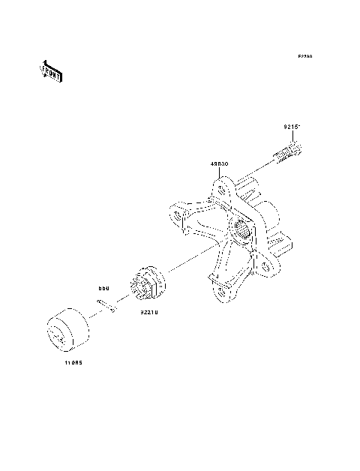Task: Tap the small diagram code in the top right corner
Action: pyautogui.click(x=304, y=57)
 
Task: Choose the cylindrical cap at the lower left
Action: pyautogui.click(x=67, y=328)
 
